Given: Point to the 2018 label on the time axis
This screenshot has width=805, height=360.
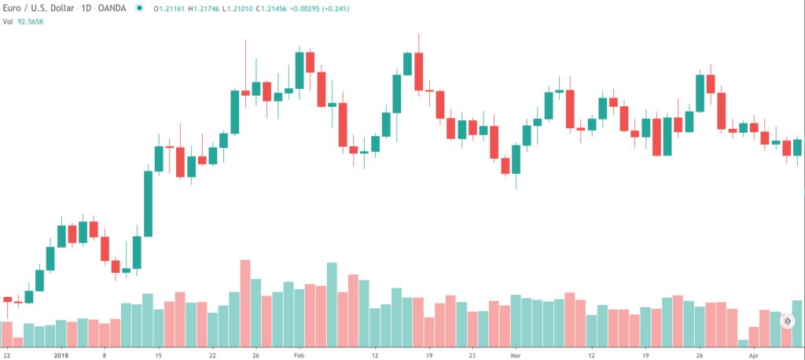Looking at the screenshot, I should click(61, 354).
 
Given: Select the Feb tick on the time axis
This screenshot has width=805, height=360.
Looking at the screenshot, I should click(299, 354).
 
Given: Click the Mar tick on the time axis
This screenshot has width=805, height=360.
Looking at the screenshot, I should click(516, 354).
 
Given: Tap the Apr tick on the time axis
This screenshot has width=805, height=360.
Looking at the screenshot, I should click(754, 354).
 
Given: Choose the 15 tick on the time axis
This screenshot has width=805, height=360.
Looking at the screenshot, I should click(158, 354).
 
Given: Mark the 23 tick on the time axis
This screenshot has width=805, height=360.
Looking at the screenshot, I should click(472, 354).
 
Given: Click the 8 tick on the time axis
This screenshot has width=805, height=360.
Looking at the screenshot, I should click(104, 354).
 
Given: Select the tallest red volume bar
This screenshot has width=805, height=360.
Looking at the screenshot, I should click(245, 303).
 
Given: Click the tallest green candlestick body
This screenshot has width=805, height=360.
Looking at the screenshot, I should click(148, 203).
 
